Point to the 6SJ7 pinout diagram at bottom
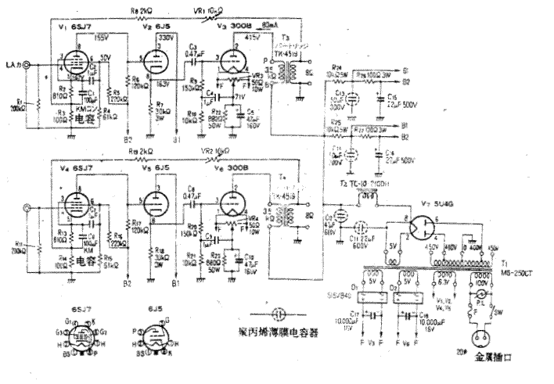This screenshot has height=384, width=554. pos(80,338)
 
